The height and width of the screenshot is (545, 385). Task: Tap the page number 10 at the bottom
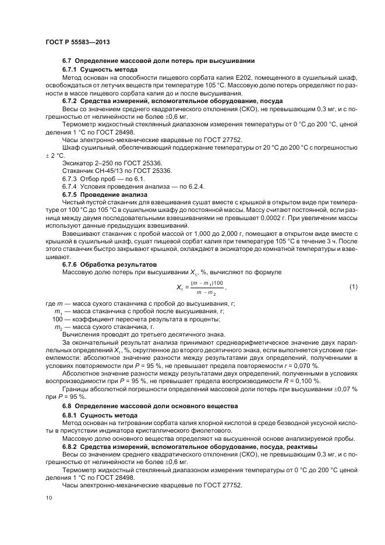click(x=48, y=497)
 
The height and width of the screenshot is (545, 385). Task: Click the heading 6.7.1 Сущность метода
click(x=100, y=69)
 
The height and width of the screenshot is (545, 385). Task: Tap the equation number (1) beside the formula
click(x=353, y=287)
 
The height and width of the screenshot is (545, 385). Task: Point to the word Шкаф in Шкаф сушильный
click(x=72, y=148)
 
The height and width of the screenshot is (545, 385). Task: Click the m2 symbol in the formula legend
click(x=58, y=327)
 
